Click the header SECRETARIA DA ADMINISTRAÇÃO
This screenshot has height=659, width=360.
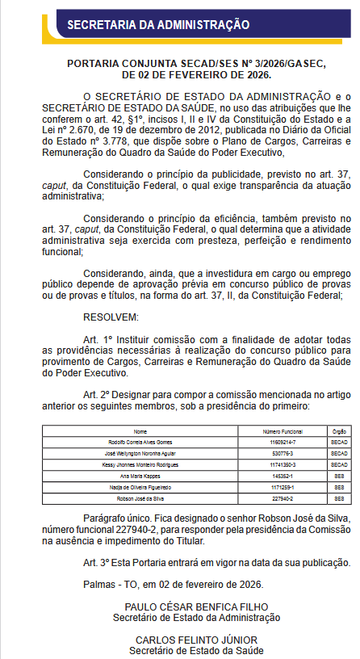click(x=157, y=25)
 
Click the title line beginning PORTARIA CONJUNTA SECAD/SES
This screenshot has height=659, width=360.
click(x=179, y=63)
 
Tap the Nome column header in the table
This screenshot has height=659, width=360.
click(x=140, y=432)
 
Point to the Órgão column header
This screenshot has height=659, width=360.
click(x=339, y=432)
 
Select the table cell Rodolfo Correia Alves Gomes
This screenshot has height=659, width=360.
click(x=140, y=443)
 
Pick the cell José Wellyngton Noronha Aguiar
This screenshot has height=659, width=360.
click(x=140, y=455)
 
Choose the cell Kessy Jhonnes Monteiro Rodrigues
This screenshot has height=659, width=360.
click(x=140, y=466)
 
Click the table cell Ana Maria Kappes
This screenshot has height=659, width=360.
click(x=140, y=477)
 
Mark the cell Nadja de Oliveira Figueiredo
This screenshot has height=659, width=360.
click(x=140, y=489)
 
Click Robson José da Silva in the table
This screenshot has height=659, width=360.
click(x=140, y=500)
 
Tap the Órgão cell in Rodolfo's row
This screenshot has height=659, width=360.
click(x=339, y=443)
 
